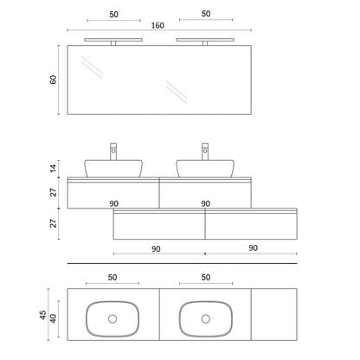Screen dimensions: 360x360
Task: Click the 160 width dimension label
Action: (157, 26)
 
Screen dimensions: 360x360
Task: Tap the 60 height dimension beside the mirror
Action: (54, 80)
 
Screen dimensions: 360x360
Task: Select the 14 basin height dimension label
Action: (54, 168)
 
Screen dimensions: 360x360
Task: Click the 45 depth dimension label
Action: (43, 315)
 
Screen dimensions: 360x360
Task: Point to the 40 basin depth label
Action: (54, 318)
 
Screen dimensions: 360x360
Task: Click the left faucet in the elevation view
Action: (113, 151)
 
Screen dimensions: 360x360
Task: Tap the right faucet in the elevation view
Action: (205, 151)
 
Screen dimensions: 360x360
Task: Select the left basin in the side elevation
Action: (113, 169)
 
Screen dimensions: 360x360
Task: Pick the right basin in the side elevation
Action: (205, 169)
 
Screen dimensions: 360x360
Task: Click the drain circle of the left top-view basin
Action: (112, 318)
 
